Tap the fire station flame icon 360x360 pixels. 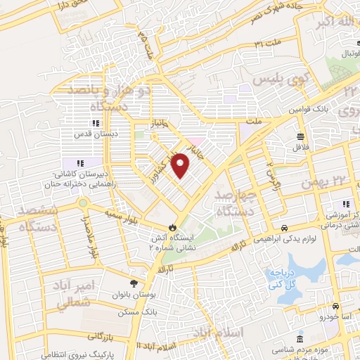[x=172, y=226]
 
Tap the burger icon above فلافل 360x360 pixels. [x=301, y=136]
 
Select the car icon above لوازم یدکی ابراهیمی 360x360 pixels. [x=284, y=228]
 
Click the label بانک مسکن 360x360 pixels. [x=158, y=310]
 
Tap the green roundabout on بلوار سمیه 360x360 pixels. [x=83, y=202]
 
